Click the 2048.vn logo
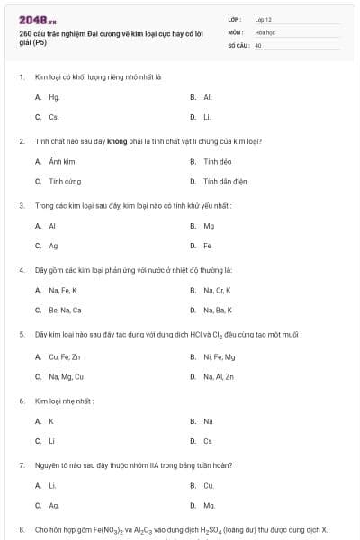click(37, 19)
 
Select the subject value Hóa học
click(264, 31)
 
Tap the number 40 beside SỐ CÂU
click(258, 44)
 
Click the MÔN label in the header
click(235, 31)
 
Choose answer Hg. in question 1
click(54, 96)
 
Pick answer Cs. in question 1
click(54, 117)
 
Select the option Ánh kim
click(61, 161)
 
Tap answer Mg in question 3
click(209, 226)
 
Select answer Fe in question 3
click(208, 246)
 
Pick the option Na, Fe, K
click(63, 290)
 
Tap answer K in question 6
click(51, 420)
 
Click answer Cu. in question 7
click(208, 485)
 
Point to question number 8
click(22, 529)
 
